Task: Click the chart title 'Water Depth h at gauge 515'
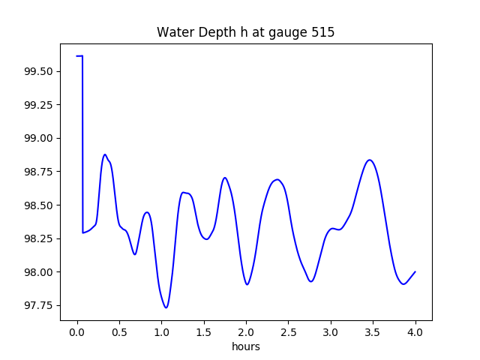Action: (245, 32)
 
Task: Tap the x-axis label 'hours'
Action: (246, 347)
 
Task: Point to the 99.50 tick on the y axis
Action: (37, 71)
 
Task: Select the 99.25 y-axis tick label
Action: (37, 105)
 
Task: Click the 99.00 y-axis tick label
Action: (37, 138)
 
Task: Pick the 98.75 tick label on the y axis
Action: (37, 172)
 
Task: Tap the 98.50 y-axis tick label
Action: (37, 205)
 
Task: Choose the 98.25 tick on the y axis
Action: (37, 238)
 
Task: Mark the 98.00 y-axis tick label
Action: (37, 272)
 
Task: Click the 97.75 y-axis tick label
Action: (37, 305)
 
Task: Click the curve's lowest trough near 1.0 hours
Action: (166, 307)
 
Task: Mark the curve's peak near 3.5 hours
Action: (369, 160)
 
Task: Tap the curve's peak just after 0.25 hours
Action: (105, 154)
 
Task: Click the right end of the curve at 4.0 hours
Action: (415, 271)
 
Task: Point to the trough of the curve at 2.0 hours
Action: (247, 284)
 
